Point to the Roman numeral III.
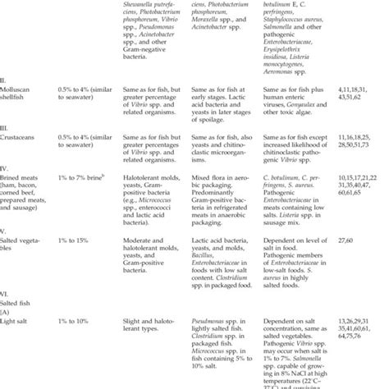(5, 127)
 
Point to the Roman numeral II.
(4, 78)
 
